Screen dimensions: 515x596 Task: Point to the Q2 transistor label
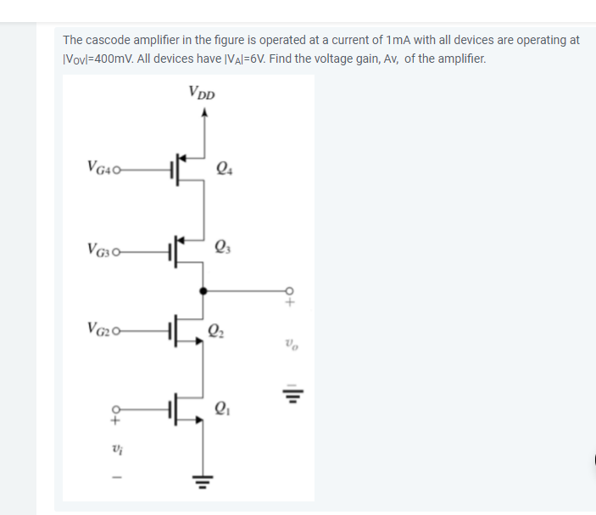point(218,331)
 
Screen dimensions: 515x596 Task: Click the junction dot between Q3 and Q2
point(202,289)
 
